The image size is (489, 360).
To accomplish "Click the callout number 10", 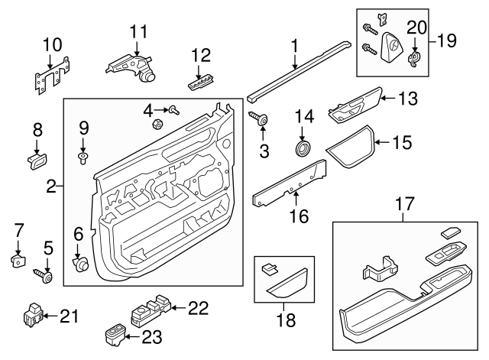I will (52, 44).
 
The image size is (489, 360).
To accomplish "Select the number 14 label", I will (304, 117).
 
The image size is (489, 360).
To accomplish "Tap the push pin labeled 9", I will (83, 158).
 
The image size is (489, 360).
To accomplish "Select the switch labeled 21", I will (33, 314).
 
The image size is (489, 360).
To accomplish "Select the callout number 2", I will (51, 185).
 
